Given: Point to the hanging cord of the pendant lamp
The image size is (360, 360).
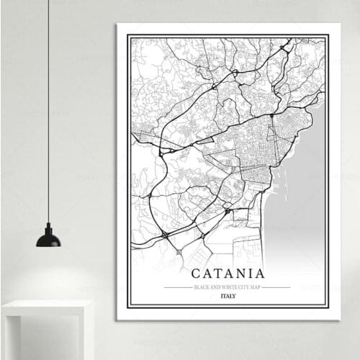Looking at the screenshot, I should [49, 108].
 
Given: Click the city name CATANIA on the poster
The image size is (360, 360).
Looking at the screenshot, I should [228, 274].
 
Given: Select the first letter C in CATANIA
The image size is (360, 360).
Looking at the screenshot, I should [196, 274].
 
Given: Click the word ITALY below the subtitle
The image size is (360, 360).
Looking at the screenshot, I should [228, 296].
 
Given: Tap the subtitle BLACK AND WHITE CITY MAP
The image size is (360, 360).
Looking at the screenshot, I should [228, 287].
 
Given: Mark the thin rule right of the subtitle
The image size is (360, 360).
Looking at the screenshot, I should [276, 287].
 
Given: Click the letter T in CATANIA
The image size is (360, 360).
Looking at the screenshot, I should [217, 274].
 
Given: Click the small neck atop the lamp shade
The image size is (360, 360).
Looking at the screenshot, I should [48, 227].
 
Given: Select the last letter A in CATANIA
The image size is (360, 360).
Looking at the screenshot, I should [259, 274].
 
